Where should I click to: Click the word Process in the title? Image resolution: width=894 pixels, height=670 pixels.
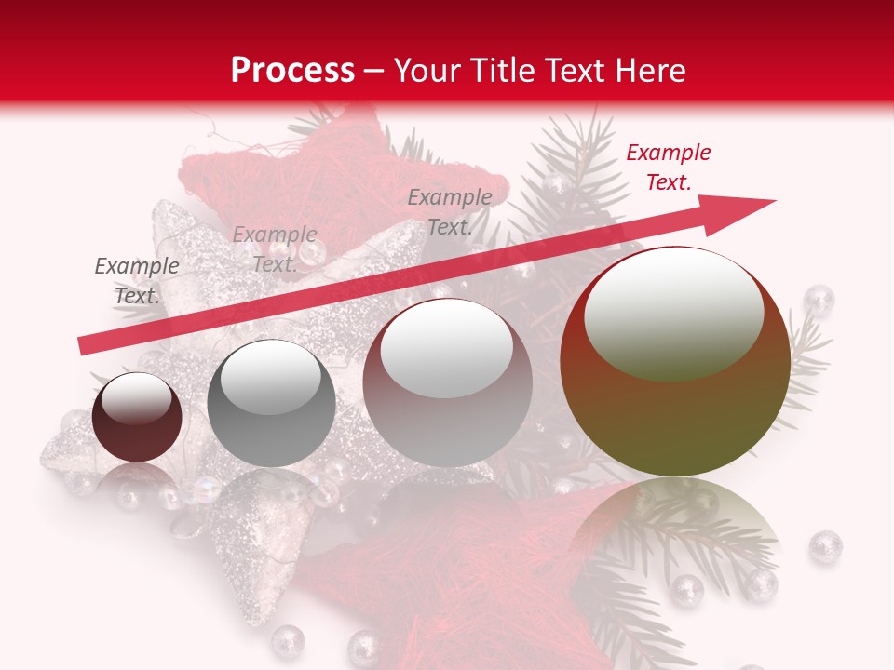point(292,70)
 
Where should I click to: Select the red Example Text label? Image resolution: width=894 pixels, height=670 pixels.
point(668,167)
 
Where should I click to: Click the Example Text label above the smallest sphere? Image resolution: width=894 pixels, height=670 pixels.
point(137,281)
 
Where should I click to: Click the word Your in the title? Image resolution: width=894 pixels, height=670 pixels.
point(426,70)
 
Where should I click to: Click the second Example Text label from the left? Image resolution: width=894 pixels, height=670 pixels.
point(274,249)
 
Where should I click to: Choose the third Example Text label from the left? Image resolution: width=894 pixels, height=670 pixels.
point(450,212)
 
